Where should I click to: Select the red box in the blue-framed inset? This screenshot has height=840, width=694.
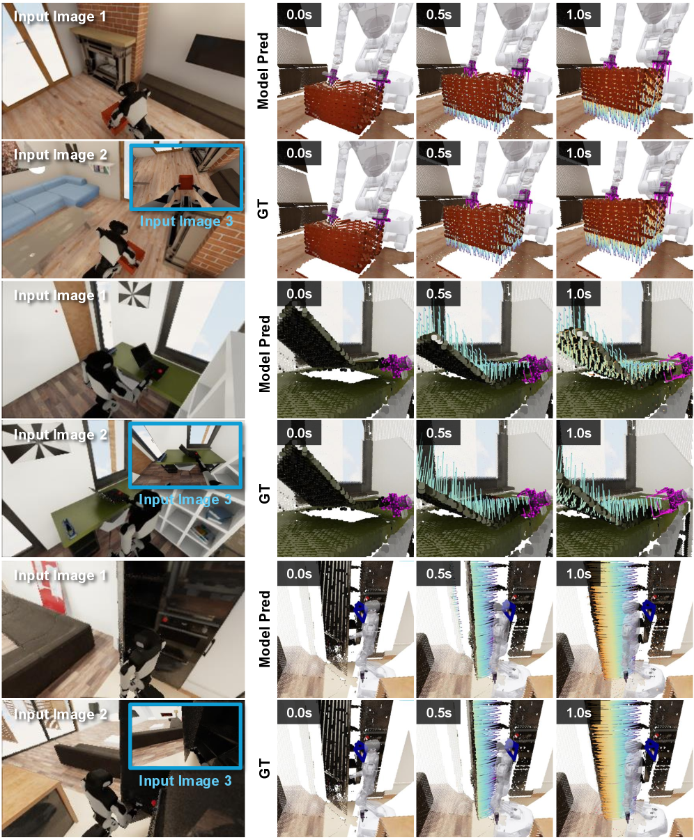click(x=185, y=182)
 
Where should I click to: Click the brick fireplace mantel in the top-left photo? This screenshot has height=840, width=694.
click(x=107, y=40)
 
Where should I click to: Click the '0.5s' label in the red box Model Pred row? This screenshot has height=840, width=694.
click(x=438, y=15)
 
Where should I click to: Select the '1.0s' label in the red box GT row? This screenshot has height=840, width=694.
click(x=578, y=153)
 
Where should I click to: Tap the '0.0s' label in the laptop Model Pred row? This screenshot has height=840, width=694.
click(x=299, y=294)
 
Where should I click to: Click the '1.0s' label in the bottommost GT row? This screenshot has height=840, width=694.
click(x=578, y=713)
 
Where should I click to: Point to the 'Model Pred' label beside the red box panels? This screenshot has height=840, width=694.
click(x=263, y=71)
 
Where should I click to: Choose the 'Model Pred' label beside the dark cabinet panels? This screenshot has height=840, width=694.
click(x=263, y=629)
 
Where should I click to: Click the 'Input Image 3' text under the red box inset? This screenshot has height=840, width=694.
click(x=186, y=221)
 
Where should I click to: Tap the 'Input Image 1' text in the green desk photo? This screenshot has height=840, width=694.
click(x=61, y=295)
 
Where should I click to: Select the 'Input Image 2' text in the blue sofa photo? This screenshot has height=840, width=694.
click(x=61, y=155)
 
